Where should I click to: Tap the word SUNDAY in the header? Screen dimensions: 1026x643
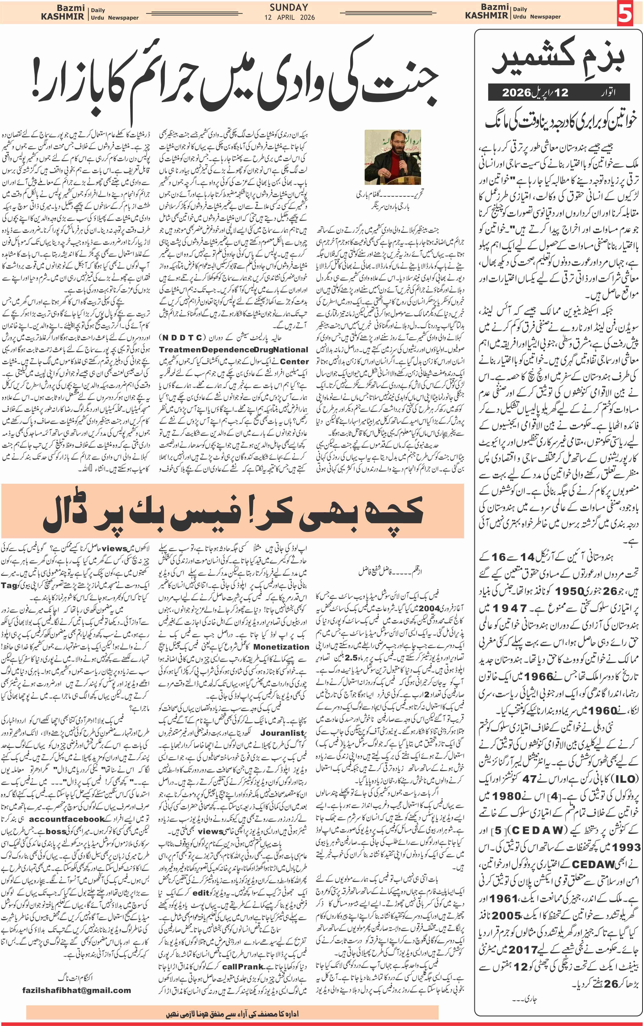[289, 7]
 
